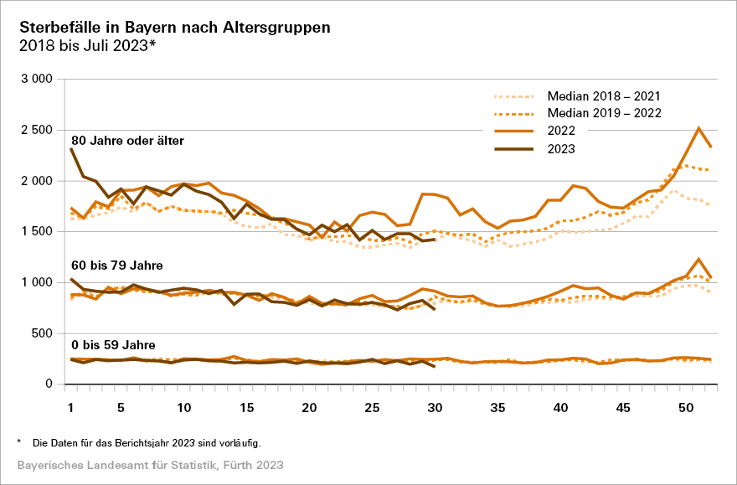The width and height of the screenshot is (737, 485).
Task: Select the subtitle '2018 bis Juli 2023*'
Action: [87, 47]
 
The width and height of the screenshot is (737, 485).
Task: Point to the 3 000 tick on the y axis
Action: [36, 79]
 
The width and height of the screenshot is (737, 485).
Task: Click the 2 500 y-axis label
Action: [36, 130]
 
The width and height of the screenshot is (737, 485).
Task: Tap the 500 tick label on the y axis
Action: [43, 333]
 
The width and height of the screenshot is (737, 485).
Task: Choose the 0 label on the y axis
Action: [49, 384]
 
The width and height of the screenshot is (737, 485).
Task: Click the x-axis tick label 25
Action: [373, 407]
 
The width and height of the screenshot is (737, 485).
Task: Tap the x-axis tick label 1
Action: [71, 407]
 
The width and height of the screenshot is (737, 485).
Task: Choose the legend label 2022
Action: [561, 132]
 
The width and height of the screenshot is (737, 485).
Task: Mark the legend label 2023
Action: [561, 149]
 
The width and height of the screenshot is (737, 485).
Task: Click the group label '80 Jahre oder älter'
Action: [127, 139]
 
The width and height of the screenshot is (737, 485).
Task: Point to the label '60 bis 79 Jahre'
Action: [117, 266]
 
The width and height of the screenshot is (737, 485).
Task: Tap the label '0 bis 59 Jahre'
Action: [113, 344]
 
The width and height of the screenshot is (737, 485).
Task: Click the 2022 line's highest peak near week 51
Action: [698, 128]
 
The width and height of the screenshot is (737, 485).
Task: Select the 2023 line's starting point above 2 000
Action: [71, 148]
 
